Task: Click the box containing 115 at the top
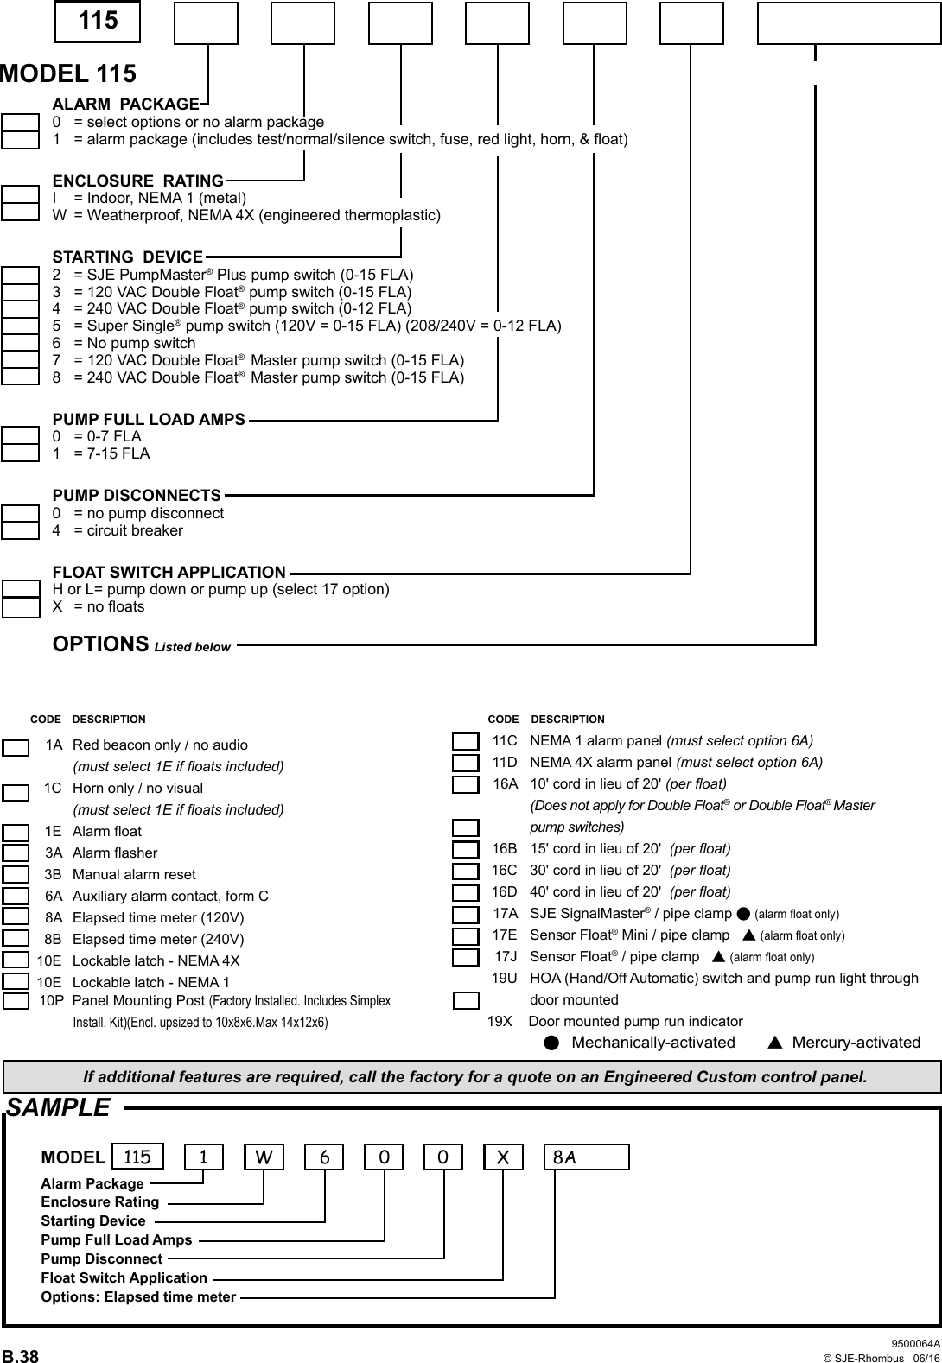(98, 22)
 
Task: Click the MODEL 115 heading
(68, 73)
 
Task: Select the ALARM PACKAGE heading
(126, 105)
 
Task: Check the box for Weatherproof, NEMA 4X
(20, 212)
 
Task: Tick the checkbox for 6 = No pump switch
(20, 343)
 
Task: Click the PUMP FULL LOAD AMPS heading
(149, 419)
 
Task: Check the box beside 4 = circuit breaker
(20, 529)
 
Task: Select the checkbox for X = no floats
(21, 607)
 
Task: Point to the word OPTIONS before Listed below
(100, 644)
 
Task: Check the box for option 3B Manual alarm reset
(16, 875)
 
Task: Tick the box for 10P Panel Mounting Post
(16, 1001)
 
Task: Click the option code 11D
(505, 762)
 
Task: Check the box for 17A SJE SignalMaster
(466, 915)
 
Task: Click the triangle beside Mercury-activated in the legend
(775, 1043)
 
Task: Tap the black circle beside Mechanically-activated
(551, 1043)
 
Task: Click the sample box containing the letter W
(264, 1157)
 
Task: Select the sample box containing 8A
(586, 1157)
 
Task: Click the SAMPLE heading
(59, 1107)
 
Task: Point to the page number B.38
(20, 1356)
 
